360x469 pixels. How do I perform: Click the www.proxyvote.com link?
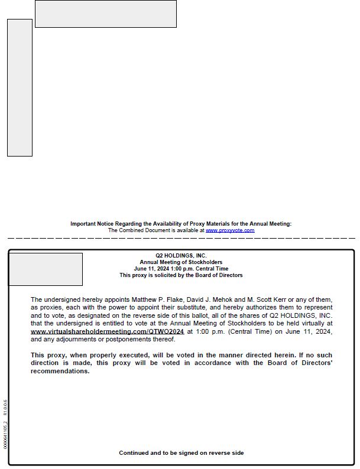(230, 230)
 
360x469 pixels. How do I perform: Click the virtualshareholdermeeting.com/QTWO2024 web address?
(107, 331)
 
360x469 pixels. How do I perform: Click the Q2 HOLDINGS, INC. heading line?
(181, 255)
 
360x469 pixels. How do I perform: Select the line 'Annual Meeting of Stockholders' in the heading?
(181, 262)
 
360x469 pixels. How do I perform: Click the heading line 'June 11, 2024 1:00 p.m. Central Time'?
(181, 268)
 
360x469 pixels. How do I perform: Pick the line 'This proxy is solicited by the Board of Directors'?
(181, 275)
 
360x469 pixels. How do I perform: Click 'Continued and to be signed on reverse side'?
(181, 453)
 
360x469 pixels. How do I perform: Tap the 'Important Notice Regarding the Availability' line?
(181, 224)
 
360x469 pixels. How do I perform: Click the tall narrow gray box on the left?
(20, 87)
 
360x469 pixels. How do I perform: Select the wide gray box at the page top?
(105, 14)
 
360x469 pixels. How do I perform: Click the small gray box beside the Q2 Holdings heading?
(46, 269)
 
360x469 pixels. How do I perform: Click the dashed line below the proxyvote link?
(181, 238)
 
